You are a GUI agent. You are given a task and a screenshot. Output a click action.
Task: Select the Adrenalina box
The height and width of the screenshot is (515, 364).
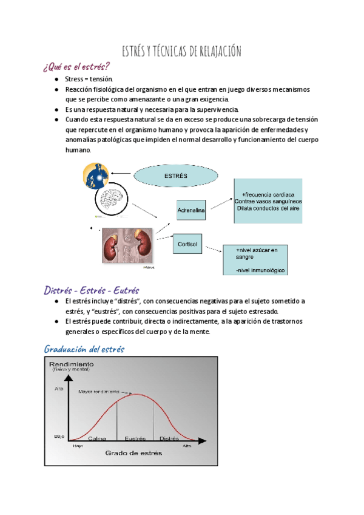click(191, 210)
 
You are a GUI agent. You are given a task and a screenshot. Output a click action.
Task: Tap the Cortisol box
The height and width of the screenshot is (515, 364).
click(189, 244)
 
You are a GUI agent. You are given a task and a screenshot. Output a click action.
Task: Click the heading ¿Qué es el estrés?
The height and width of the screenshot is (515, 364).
click(77, 66)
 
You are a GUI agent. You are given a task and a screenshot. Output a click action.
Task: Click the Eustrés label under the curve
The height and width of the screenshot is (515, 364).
click(135, 438)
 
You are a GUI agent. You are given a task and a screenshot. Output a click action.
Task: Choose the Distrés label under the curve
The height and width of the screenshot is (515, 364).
click(169, 438)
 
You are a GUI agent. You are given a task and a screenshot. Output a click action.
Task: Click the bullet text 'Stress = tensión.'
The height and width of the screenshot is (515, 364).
click(87, 79)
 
